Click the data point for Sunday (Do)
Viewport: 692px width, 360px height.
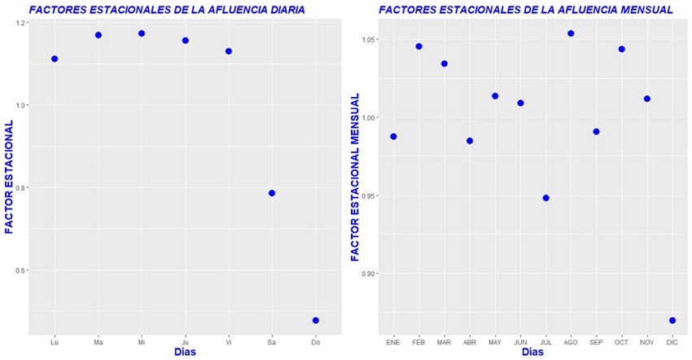tap(315, 320)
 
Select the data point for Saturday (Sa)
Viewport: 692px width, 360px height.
tap(272, 193)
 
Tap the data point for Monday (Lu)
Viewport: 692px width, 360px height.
tap(55, 59)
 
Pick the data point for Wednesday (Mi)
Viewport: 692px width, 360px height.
tap(142, 33)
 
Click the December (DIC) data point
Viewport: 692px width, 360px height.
tap(672, 320)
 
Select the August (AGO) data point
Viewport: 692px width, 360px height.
tap(571, 33)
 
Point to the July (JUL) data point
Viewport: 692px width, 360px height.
tap(545, 198)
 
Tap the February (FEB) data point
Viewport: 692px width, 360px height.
tap(418, 46)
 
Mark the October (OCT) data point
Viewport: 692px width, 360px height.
tap(621, 49)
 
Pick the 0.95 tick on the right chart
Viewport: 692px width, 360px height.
tap(369, 195)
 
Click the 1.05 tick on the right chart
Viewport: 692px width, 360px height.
tap(369, 40)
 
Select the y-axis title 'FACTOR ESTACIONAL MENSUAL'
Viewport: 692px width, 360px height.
tap(356, 177)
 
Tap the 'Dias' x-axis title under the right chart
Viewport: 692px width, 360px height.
tap(532, 352)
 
